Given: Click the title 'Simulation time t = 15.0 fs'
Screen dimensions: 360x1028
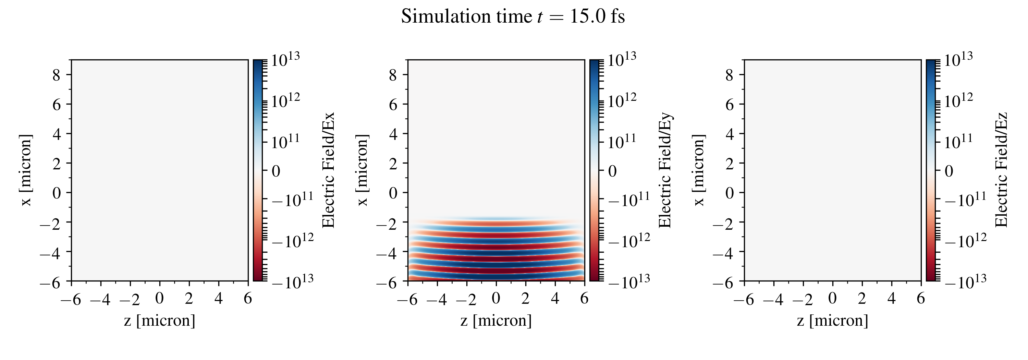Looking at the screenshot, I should pyautogui.click(x=513, y=17).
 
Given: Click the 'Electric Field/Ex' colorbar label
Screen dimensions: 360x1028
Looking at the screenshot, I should pyautogui.click(x=328, y=170).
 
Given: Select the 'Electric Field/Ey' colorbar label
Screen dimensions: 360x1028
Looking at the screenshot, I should pyautogui.click(x=665, y=170).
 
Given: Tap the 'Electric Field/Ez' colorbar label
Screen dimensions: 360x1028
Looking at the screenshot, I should pyautogui.click(x=1002, y=170).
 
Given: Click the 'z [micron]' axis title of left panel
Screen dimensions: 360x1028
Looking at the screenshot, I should pyautogui.click(x=160, y=321).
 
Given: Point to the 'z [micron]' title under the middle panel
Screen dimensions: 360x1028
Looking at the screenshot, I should pyautogui.click(x=496, y=321).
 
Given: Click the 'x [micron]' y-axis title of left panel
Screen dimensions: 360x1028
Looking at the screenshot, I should pyautogui.click(x=26, y=170).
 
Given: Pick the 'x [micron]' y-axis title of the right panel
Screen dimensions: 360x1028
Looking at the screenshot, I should pyautogui.click(x=699, y=170).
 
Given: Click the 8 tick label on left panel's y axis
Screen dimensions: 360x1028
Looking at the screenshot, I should pyautogui.click(x=56, y=75).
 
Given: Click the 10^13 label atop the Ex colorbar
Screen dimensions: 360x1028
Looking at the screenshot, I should pyautogui.click(x=286, y=60).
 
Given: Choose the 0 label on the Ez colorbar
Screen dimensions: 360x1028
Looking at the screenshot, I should pyautogui.click(x=949, y=171).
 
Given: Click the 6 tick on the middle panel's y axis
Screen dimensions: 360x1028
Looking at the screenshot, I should pyautogui.click(x=393, y=105).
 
